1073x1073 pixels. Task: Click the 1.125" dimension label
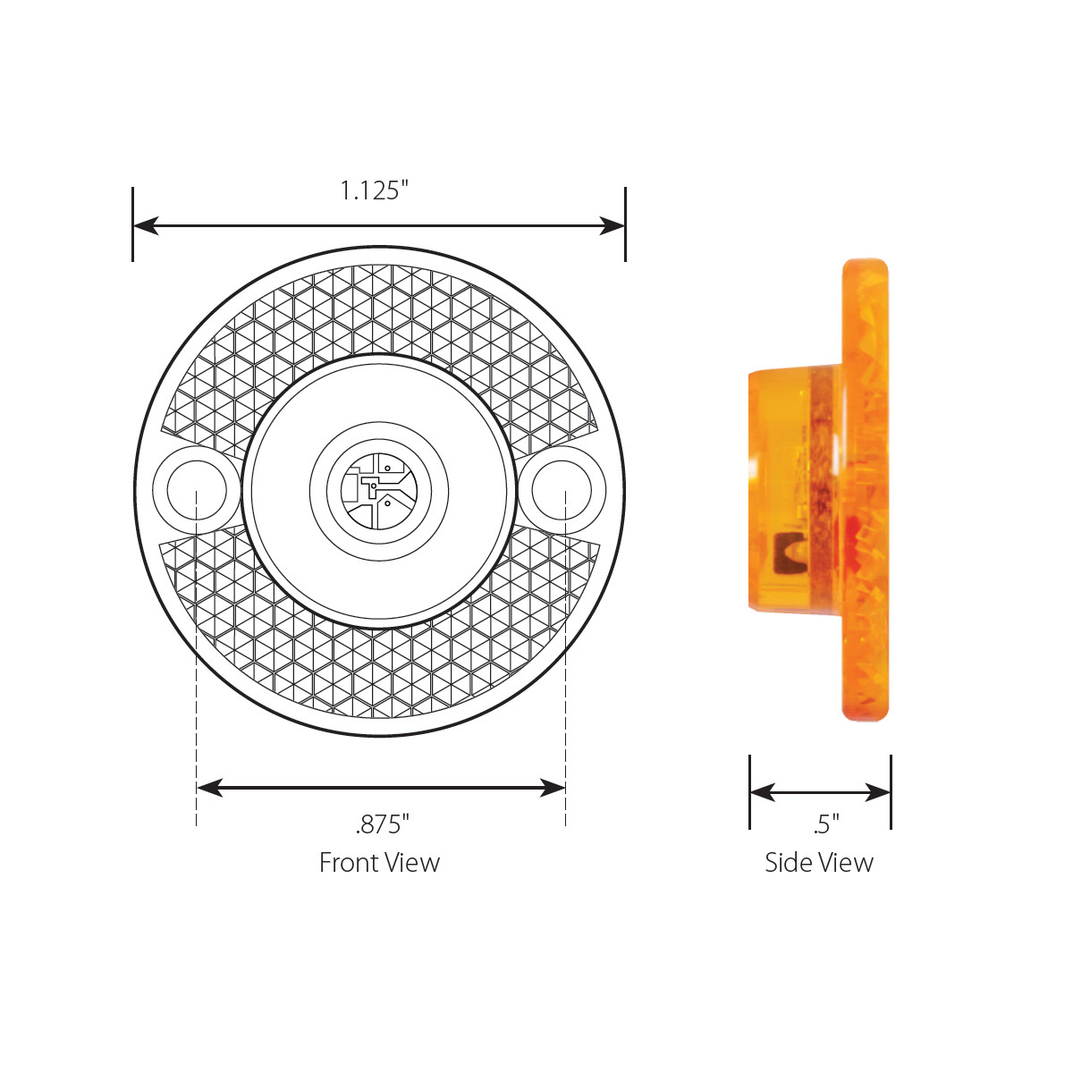pyautogui.click(x=374, y=190)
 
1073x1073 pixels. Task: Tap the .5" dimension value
pyautogui.click(x=826, y=824)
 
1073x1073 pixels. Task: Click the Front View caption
pyautogui.click(x=379, y=863)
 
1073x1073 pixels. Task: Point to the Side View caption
pyautogui.click(x=818, y=863)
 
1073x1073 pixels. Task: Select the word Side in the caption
pyautogui.click(x=786, y=863)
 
